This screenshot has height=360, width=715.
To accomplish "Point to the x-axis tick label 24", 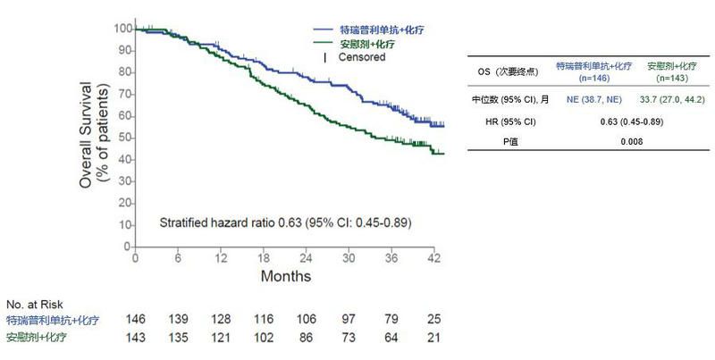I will pyautogui.click(x=305, y=259).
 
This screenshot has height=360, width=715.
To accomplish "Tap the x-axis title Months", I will pyautogui.click(x=286, y=276).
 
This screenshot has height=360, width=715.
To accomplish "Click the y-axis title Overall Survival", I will pyautogui.click(x=85, y=135).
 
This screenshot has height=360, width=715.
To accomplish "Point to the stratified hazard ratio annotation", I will pyautogui.click(x=285, y=222).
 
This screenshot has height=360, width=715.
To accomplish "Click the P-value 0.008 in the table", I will pyautogui.click(x=629, y=142).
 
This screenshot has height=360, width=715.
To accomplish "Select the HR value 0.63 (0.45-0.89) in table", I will pyautogui.click(x=629, y=121).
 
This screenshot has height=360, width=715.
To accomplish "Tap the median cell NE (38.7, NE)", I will pyautogui.click(x=589, y=99).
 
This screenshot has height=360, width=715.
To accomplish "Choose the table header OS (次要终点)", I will pyautogui.click(x=507, y=66).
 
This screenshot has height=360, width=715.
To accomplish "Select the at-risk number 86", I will pyautogui.click(x=307, y=338).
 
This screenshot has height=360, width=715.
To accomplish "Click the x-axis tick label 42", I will pyautogui.click(x=434, y=259).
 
